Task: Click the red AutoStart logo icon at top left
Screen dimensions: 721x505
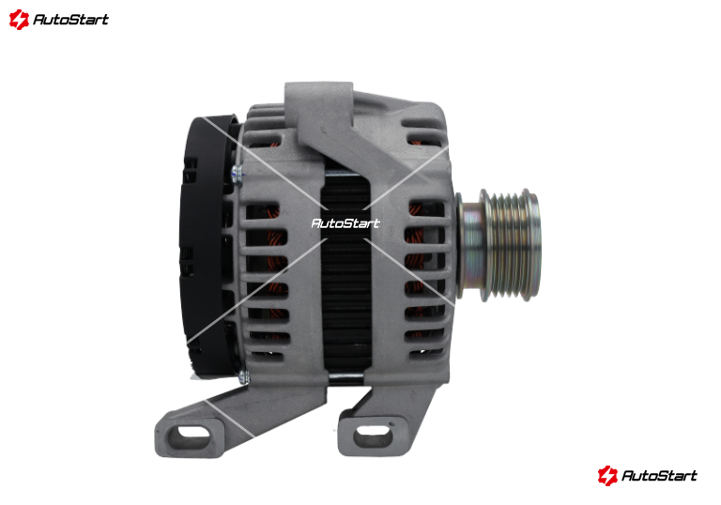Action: coord(19,20)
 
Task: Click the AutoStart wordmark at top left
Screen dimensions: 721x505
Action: coord(70,20)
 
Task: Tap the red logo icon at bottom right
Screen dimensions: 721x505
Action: coord(607,476)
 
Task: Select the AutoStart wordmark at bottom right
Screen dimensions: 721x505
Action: coord(659,476)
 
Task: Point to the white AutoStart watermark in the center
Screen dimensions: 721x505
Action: coord(345,223)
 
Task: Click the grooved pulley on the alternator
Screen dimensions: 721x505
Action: coord(512,245)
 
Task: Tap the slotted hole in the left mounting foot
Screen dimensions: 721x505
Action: coord(193,433)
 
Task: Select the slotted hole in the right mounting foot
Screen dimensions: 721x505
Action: coord(374,433)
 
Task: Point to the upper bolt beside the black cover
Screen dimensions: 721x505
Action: coord(237,174)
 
